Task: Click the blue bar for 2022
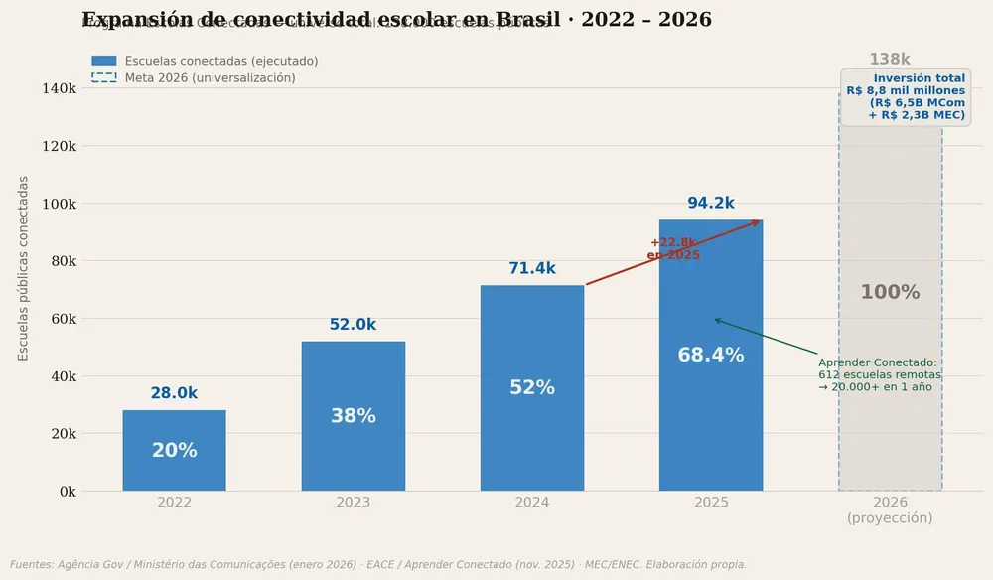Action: [x=174, y=450]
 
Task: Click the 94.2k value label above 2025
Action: [x=711, y=203]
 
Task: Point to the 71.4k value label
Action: [x=532, y=268]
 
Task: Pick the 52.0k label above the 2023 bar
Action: [x=353, y=325]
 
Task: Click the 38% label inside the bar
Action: [x=353, y=416]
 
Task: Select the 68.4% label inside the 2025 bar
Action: [x=711, y=355]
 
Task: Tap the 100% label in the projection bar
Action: [x=890, y=292]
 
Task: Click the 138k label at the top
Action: [x=890, y=60]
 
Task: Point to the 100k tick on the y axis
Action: [x=57, y=204]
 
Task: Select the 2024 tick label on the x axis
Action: [x=532, y=503]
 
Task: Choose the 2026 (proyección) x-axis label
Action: [x=890, y=510]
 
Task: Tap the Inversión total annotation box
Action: [x=906, y=96]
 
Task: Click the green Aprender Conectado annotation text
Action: [x=879, y=374]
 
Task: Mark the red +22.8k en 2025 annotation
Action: [x=673, y=249]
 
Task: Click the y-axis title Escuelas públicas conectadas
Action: [x=24, y=268]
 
